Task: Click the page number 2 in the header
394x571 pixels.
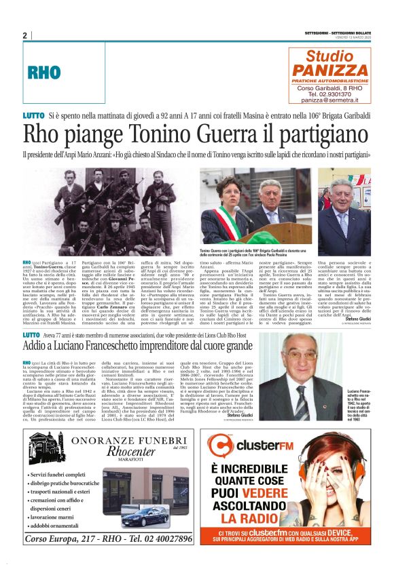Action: pyautogui.click(x=24, y=35)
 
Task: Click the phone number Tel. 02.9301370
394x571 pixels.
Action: pyautogui.click(x=332, y=94)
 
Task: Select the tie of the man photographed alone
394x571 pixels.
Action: pyautogui.click(x=345, y=216)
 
